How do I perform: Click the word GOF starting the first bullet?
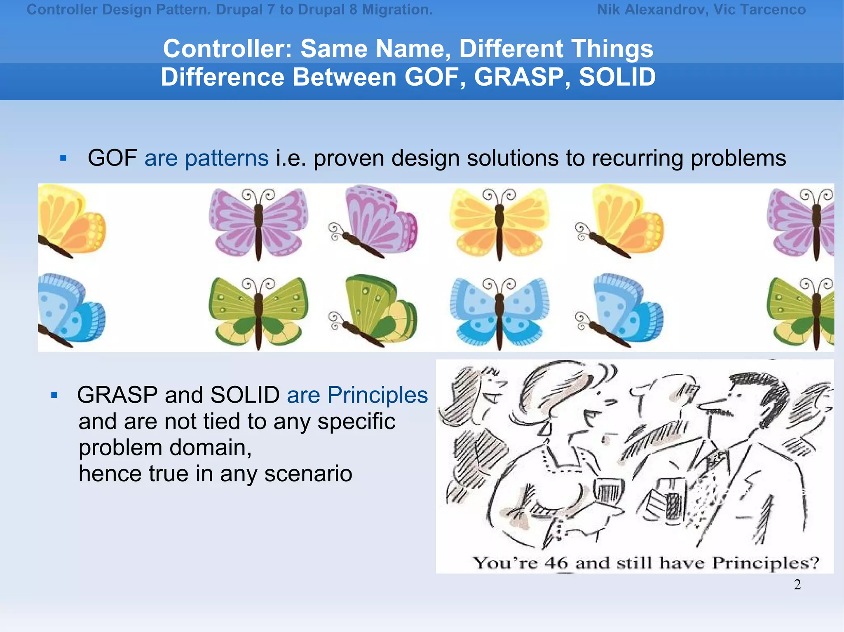click(x=112, y=158)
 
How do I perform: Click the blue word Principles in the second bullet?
click(x=377, y=395)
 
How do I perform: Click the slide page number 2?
click(x=797, y=585)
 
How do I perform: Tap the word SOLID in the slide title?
click(x=617, y=77)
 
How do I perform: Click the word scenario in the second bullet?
click(x=308, y=474)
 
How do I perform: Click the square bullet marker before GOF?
click(x=63, y=158)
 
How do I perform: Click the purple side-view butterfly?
click(x=373, y=222)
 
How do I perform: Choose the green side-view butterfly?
click(x=373, y=311)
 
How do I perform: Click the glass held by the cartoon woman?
click(x=608, y=491)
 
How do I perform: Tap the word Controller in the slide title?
click(x=227, y=49)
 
